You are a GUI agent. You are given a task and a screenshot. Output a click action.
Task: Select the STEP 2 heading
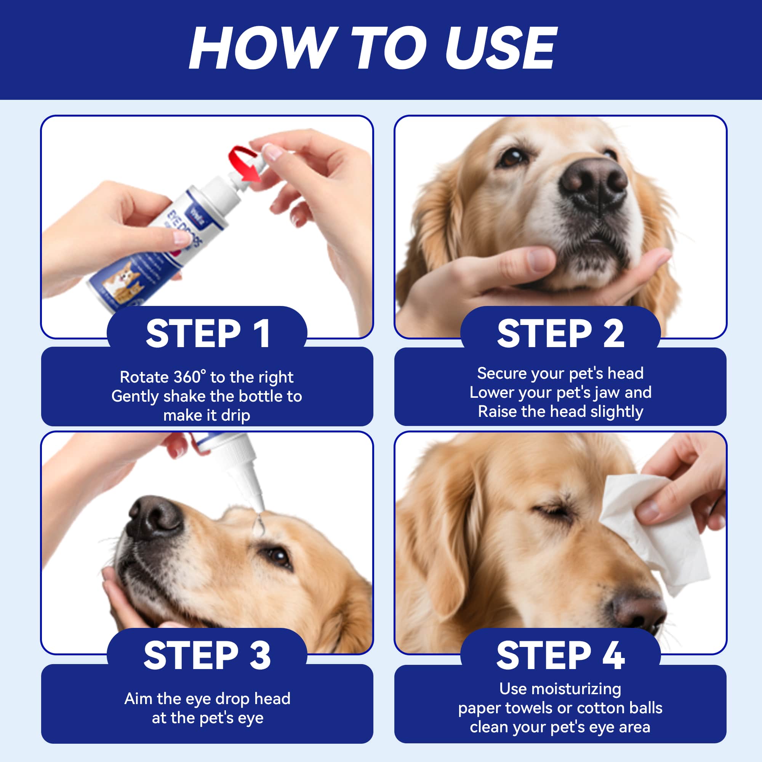coord(560,334)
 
